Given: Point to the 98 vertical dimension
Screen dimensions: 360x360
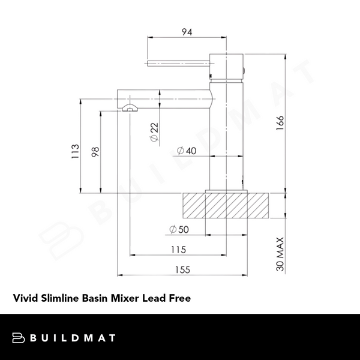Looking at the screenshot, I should point(95,152).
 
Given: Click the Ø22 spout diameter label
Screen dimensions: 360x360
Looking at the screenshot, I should point(154,132).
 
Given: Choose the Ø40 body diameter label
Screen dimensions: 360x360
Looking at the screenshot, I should point(187,151).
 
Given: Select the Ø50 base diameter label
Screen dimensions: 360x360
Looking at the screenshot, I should point(178,229).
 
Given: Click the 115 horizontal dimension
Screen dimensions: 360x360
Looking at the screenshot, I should point(178,250).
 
